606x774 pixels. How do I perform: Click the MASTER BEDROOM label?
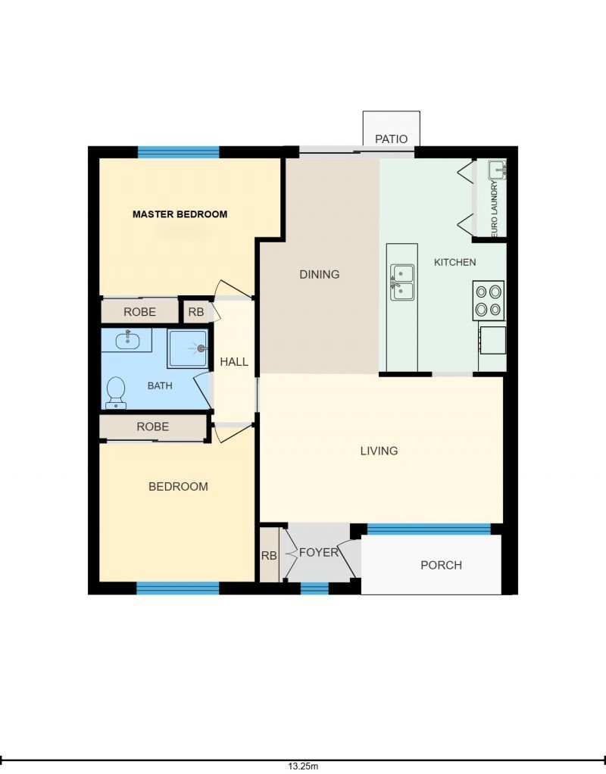180,214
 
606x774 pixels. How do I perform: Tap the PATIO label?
391,139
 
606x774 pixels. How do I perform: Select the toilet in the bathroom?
116,393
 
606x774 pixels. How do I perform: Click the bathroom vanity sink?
127,340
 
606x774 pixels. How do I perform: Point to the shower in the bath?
187,349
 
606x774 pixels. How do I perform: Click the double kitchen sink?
402,282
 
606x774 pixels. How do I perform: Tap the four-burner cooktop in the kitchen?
489,301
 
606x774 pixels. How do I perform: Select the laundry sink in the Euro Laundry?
497,170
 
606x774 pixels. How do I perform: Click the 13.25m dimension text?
303,766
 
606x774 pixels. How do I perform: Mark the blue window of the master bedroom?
178,152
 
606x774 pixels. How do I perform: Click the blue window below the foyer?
314,588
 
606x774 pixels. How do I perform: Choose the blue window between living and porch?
430,529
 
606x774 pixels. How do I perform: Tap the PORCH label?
441,565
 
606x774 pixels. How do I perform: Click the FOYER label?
319,552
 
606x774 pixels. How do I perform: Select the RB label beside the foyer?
269,556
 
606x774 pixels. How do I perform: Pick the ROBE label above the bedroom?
152,426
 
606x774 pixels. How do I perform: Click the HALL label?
234,362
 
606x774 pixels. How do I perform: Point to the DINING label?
320,274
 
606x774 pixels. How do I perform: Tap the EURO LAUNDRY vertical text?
495,208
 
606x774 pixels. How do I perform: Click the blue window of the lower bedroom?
178,588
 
